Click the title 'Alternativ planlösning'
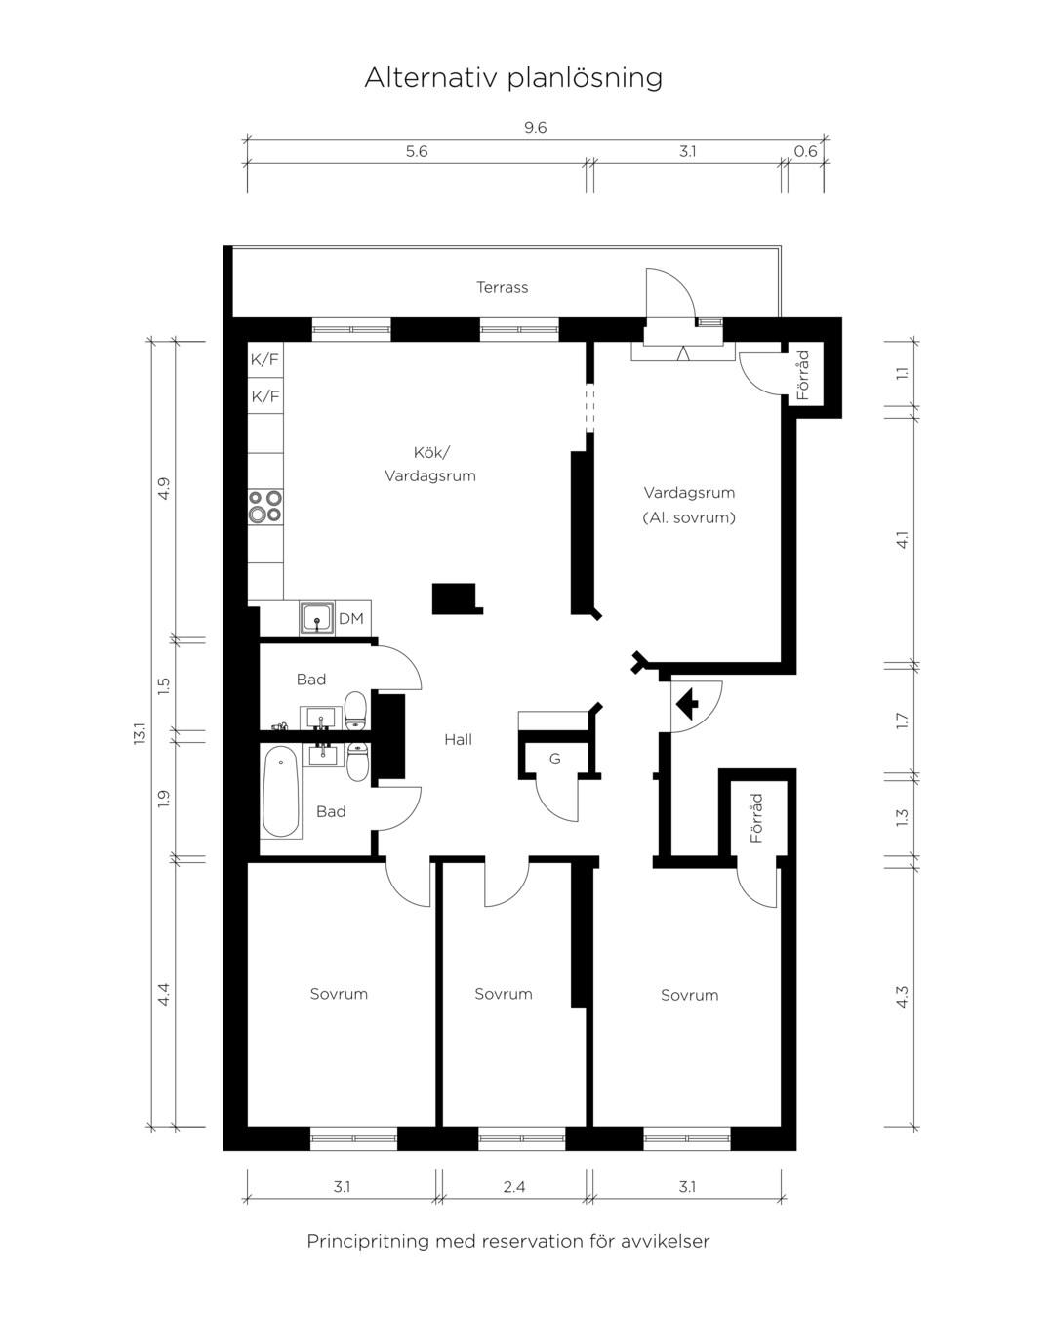coord(513,78)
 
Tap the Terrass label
coord(503,287)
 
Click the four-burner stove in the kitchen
coord(265,507)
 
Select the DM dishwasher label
coord(351,619)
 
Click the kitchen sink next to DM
coord(316,617)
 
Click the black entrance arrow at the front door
coord(687,703)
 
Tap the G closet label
coord(555,760)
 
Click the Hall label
coord(458,740)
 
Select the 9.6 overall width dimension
coord(535,127)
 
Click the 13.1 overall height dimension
coord(140,734)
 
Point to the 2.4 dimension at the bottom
coord(514,1187)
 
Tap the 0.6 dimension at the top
coord(805,151)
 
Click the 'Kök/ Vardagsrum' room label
coord(430,465)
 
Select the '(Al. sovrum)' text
coord(689,518)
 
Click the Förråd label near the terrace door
coord(803,376)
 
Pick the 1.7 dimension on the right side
coord(902,721)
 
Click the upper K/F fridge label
coord(264,359)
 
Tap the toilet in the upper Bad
coord(355,711)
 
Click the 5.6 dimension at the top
coord(417,151)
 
